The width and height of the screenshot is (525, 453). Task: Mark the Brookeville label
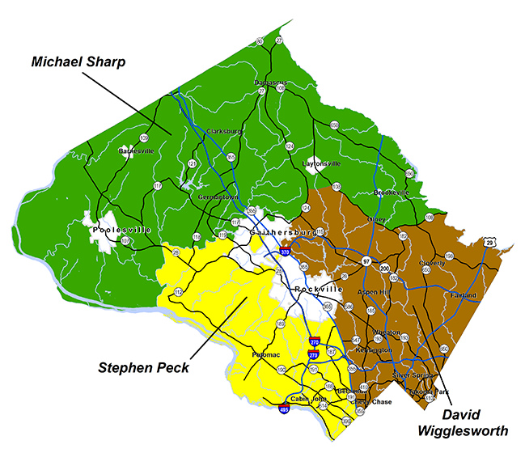[x=392, y=193]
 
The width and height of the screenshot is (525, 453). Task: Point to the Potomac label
[x=252, y=354]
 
